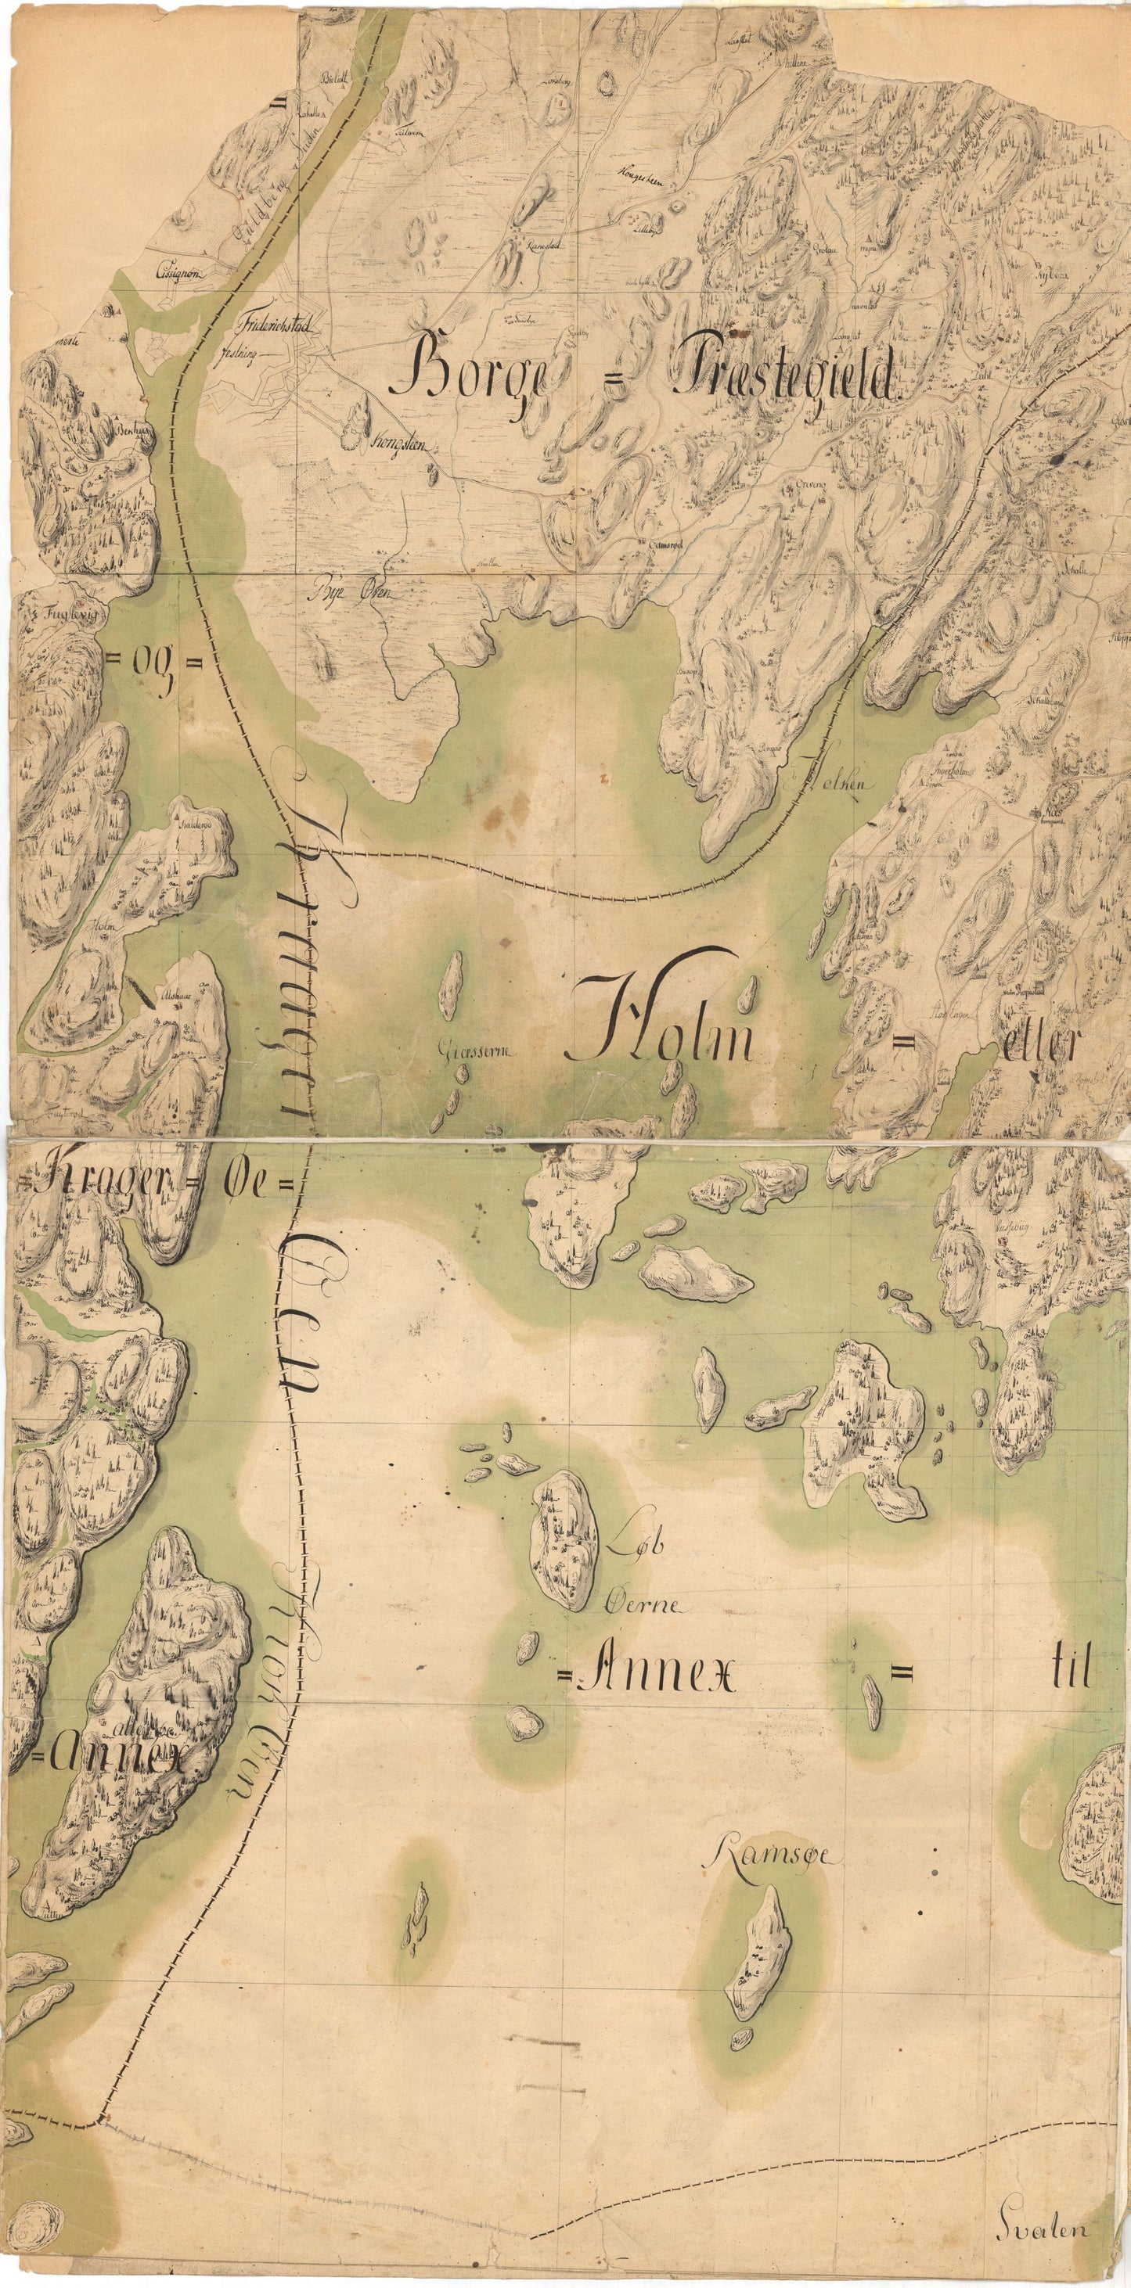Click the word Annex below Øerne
click(x=657, y=1674)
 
